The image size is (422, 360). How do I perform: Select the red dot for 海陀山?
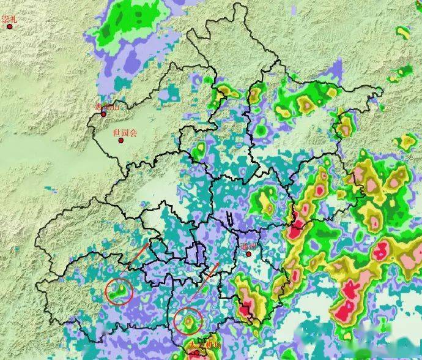103,114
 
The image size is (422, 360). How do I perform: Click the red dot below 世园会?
121,140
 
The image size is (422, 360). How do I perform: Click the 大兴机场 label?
202,346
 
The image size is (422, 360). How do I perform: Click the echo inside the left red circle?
120,290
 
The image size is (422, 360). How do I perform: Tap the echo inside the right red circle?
189,319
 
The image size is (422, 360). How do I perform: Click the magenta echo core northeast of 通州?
297,229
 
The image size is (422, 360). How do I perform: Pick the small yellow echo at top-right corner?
404,32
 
